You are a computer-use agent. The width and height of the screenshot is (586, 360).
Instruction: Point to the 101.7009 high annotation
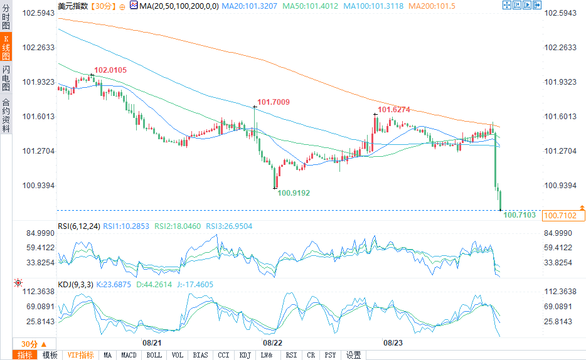[274, 102]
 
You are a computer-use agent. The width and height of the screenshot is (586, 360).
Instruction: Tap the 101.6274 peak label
[394, 109]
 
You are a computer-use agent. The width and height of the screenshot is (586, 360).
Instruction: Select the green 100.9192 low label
[294, 193]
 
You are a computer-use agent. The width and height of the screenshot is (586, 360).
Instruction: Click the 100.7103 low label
[519, 214]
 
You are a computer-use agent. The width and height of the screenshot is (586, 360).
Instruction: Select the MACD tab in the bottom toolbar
[129, 355]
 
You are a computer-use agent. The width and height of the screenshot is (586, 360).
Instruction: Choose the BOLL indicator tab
[154, 355]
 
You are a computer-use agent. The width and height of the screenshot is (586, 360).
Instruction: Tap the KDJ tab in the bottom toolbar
[244, 355]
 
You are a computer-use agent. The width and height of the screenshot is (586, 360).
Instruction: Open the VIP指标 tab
[80, 355]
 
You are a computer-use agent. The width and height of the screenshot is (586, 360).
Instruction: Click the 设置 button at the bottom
[354, 355]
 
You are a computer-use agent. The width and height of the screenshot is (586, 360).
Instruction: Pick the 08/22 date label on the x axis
[272, 343]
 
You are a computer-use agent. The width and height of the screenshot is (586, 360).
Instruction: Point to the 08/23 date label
[393, 343]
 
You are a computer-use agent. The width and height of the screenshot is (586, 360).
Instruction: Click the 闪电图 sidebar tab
[6, 77]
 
